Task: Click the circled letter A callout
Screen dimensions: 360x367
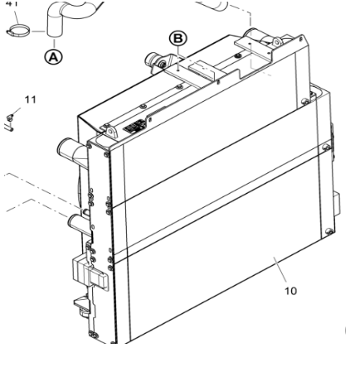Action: pyautogui.click(x=51, y=57)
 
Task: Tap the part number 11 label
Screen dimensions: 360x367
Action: pyautogui.click(x=31, y=99)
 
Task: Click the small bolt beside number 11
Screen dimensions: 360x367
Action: pyautogui.click(x=11, y=115)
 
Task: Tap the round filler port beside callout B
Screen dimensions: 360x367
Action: pyautogui.click(x=155, y=60)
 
